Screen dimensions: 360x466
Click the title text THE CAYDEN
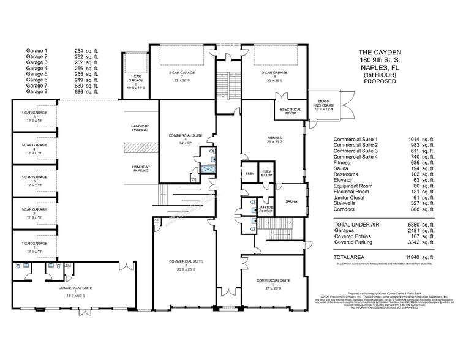point(380,54)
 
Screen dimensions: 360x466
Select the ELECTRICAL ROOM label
point(288,112)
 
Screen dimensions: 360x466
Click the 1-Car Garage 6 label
point(135,81)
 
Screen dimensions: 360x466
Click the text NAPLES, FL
point(380,69)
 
